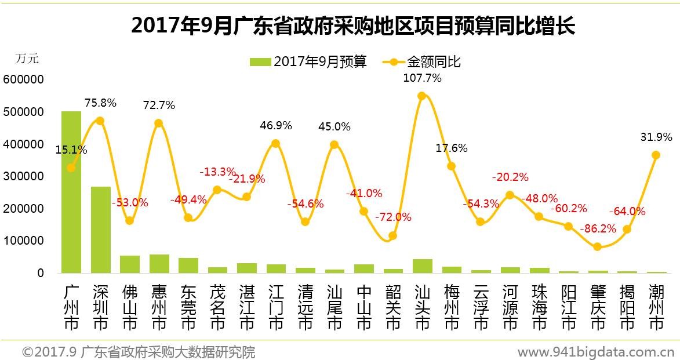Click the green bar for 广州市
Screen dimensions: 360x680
[x=71, y=191]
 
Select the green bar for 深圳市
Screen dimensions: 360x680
[x=100, y=229]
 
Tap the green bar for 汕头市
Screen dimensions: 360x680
[x=422, y=266]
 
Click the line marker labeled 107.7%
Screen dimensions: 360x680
[x=422, y=96]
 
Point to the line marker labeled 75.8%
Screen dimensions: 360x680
[x=100, y=121]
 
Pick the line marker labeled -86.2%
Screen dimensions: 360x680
[x=597, y=246]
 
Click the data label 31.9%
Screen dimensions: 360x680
[x=657, y=137]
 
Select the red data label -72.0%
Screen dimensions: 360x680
[x=393, y=217]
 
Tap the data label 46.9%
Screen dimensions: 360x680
[x=276, y=125]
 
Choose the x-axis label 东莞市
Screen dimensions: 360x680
[x=188, y=307]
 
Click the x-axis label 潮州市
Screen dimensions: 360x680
[x=656, y=307]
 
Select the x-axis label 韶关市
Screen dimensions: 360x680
[x=393, y=307]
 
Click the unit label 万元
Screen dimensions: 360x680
[x=27, y=59]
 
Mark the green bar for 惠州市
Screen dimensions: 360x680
[x=159, y=263]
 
